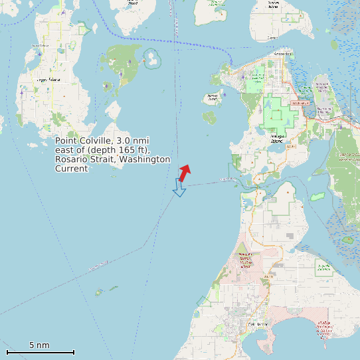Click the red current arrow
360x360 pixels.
click(x=185, y=173)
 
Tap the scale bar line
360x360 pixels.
click(x=40, y=352)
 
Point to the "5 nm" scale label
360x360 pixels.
click(x=39, y=345)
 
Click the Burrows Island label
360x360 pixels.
click(x=213, y=97)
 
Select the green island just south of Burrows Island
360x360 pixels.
click(x=210, y=118)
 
